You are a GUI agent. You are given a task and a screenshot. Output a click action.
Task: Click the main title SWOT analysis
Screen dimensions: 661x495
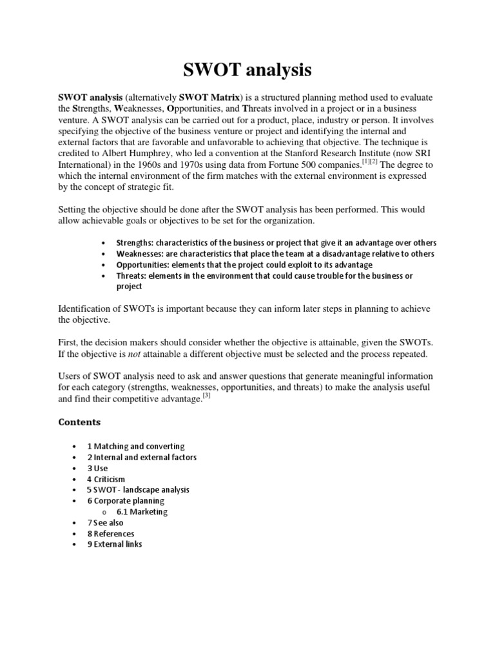(x=247, y=68)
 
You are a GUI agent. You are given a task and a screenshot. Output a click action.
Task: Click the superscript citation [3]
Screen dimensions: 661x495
(x=208, y=396)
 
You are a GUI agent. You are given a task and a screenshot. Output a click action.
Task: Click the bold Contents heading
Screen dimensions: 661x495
(x=80, y=422)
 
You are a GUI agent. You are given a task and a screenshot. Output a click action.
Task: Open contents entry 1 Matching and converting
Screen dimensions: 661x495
(x=136, y=446)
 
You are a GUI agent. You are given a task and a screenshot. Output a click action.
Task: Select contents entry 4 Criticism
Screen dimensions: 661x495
(x=106, y=479)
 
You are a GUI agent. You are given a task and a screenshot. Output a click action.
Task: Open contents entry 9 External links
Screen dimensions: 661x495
(x=115, y=544)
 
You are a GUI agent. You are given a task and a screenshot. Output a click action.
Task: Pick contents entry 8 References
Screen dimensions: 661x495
(x=111, y=534)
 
